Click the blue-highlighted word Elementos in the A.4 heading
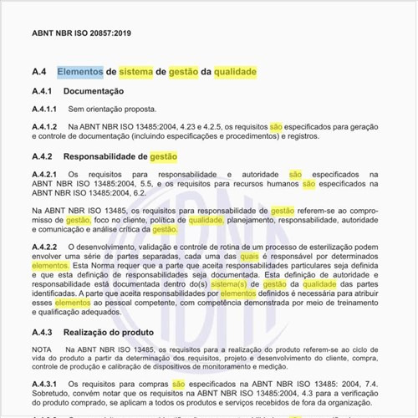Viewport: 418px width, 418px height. point(80,72)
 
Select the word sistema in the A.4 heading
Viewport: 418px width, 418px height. point(136,72)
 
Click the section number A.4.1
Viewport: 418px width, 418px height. point(43,90)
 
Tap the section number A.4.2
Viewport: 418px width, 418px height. point(43,156)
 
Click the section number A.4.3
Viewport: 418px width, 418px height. point(43,332)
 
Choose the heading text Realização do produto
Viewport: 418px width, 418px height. point(107,332)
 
